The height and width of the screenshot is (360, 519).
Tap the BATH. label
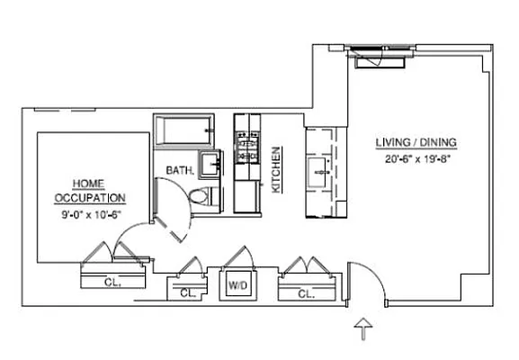click(178, 170)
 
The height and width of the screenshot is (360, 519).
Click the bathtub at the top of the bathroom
click(183, 130)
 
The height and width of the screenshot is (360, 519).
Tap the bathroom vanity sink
click(210, 164)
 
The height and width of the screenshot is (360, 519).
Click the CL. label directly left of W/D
click(187, 292)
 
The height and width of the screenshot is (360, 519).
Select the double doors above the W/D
click(239, 260)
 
